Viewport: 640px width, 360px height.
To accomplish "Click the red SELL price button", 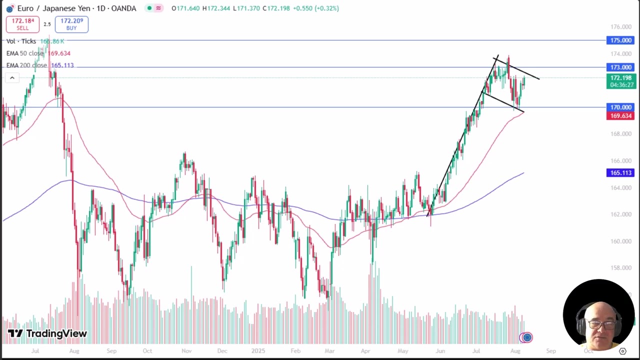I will pos(22,24).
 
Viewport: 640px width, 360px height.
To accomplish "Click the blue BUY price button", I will pos(71,24).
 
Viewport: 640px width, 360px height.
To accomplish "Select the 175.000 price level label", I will pos(620,40).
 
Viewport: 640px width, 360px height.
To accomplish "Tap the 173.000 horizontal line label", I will pos(620,67).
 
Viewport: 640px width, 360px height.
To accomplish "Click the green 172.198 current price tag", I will pos(620,78).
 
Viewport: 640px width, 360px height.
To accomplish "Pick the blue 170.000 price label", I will pos(620,107).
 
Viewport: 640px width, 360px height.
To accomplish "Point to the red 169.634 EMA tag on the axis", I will pos(620,116).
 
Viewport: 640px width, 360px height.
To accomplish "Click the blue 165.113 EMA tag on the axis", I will pos(620,173).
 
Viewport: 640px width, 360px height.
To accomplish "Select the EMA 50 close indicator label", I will pos(25,53).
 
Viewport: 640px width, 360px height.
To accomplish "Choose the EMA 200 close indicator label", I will pos(26,65).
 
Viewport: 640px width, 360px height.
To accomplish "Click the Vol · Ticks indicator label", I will pos(21,41).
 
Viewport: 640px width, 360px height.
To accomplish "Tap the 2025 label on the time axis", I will pos(258,351).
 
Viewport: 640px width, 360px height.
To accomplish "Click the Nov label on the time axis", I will pos(186,351).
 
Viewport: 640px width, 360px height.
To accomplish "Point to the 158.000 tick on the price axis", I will pos(620,268).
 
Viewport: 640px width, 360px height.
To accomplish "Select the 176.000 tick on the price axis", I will pos(620,27).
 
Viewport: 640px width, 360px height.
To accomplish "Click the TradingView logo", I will pos(47,333).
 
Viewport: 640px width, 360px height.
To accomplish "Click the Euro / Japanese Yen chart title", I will pos(76,8).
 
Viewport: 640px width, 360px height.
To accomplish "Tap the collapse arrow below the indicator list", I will pos(12,78).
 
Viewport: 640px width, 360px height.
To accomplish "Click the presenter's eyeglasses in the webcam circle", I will pos(601,324).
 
